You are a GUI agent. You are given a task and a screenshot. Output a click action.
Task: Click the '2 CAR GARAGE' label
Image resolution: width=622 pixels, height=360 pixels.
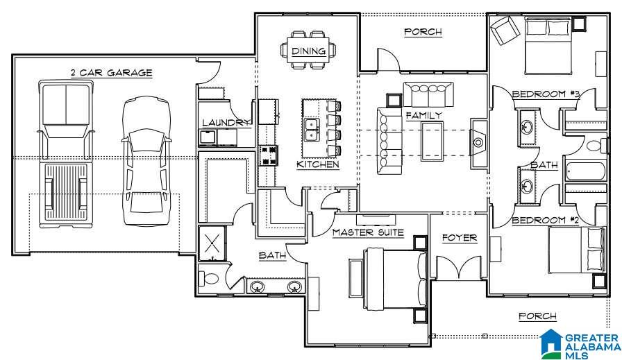(x=112, y=73)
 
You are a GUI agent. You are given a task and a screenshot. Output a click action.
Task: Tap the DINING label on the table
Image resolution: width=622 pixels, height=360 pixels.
(x=309, y=51)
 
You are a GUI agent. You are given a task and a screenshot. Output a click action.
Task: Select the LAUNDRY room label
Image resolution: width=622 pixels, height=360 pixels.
(x=226, y=123)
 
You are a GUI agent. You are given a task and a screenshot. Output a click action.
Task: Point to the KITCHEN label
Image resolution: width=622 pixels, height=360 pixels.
(x=318, y=164)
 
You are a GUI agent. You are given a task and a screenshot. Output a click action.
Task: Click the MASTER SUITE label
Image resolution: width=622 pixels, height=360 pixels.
(x=368, y=232)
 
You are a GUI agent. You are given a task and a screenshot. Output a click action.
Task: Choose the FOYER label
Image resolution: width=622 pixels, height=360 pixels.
(x=460, y=238)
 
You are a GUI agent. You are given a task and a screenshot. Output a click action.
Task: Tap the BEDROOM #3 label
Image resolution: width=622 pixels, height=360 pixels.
(x=546, y=94)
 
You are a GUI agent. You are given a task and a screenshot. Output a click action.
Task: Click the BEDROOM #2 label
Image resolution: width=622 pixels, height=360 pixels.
(x=546, y=221)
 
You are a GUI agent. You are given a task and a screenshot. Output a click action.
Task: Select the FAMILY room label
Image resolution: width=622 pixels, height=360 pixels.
(x=423, y=115)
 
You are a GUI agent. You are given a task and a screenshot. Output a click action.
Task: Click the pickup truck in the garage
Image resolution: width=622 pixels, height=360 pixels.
(x=66, y=154)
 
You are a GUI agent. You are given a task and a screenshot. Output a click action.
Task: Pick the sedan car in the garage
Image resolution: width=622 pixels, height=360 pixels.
(x=146, y=161)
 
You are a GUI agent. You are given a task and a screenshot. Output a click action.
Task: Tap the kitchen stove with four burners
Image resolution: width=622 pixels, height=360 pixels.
(x=269, y=155)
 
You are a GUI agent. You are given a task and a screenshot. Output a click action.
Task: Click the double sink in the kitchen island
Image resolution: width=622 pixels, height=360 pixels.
(x=312, y=130)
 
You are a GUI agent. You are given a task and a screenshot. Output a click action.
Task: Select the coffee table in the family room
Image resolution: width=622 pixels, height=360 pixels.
(x=432, y=142)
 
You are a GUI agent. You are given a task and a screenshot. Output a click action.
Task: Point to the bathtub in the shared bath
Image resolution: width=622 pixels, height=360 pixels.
(x=585, y=171)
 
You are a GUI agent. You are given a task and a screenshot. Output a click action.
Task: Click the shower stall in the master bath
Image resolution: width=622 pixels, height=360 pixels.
(x=212, y=243)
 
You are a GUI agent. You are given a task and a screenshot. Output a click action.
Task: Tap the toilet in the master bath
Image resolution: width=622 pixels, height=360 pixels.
(x=209, y=278)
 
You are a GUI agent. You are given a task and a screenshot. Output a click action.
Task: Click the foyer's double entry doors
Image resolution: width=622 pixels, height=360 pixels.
(x=460, y=268)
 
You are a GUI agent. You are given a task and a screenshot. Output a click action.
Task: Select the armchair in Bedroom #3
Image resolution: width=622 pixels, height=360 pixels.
(x=505, y=30)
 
